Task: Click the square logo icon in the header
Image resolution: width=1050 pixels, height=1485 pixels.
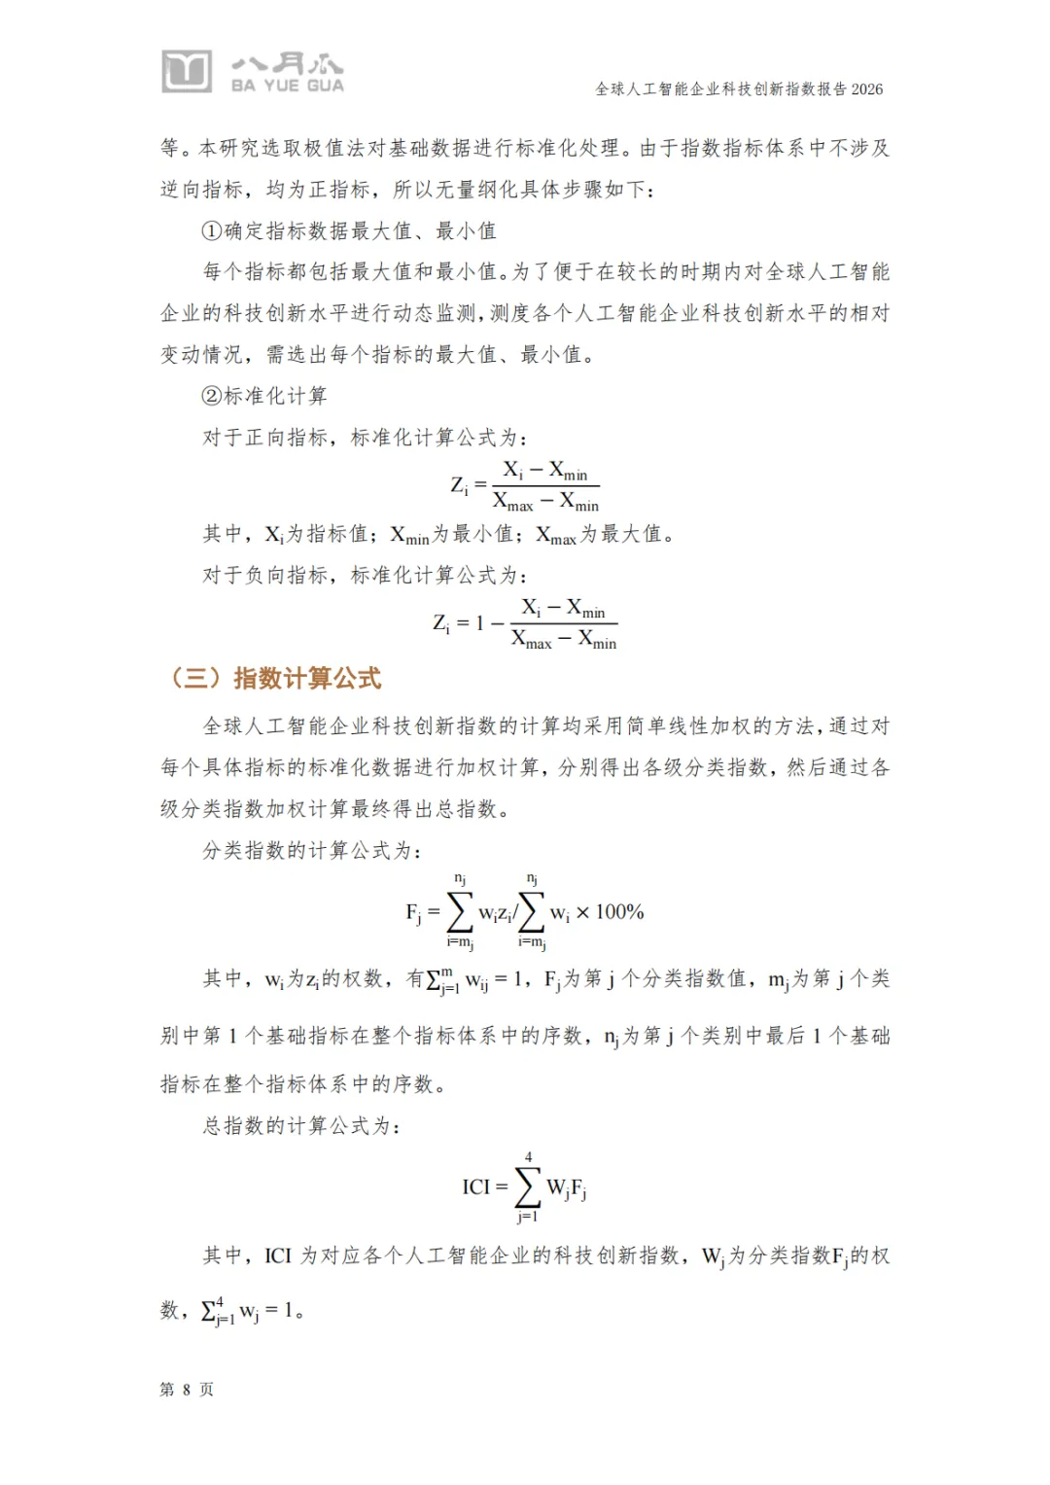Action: (186, 71)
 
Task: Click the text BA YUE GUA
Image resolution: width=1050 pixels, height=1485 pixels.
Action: (287, 86)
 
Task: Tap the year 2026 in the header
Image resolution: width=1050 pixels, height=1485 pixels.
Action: (867, 89)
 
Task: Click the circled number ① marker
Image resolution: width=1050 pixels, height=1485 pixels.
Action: (212, 231)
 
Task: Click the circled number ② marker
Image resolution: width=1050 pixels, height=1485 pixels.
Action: (212, 396)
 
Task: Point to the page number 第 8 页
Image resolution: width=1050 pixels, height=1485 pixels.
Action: (187, 1390)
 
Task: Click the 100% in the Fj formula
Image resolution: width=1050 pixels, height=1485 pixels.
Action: (620, 912)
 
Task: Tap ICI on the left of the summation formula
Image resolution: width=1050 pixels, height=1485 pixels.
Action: (476, 1186)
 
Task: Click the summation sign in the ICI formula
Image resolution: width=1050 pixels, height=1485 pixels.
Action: (528, 1186)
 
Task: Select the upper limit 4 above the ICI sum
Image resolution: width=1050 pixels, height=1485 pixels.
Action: (528, 1157)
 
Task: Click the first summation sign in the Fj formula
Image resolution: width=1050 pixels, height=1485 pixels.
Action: (459, 912)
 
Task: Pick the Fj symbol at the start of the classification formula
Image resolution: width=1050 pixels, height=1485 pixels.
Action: (413, 913)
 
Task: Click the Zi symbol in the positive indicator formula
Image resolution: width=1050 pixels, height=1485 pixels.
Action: (459, 485)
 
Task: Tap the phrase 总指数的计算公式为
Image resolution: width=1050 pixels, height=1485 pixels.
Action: (300, 1126)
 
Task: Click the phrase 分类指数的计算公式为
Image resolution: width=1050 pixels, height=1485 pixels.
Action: (311, 851)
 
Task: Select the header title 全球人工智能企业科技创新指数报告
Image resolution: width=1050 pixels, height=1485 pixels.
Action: (720, 89)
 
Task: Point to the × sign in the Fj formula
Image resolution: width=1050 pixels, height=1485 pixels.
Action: (582, 913)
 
